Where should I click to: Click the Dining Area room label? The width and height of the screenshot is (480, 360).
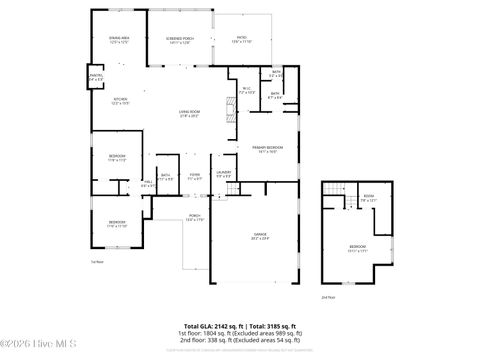coord(119,39)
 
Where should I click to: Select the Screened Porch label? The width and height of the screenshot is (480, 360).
coord(180,39)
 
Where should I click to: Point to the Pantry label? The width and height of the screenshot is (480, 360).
coord(97,77)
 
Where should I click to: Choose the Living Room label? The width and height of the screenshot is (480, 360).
coord(188,113)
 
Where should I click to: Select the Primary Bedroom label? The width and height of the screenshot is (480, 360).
coord(263,149)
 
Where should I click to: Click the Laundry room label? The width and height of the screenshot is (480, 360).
coord(224,174)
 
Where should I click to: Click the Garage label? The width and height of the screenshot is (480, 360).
coord(259,237)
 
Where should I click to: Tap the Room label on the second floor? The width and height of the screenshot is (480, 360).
coord(368,198)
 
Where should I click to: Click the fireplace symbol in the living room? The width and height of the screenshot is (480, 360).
coord(227,113)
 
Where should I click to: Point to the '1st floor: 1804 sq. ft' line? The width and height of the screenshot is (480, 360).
coord(240,333)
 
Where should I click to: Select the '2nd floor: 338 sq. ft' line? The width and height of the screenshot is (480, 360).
coord(240,340)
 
